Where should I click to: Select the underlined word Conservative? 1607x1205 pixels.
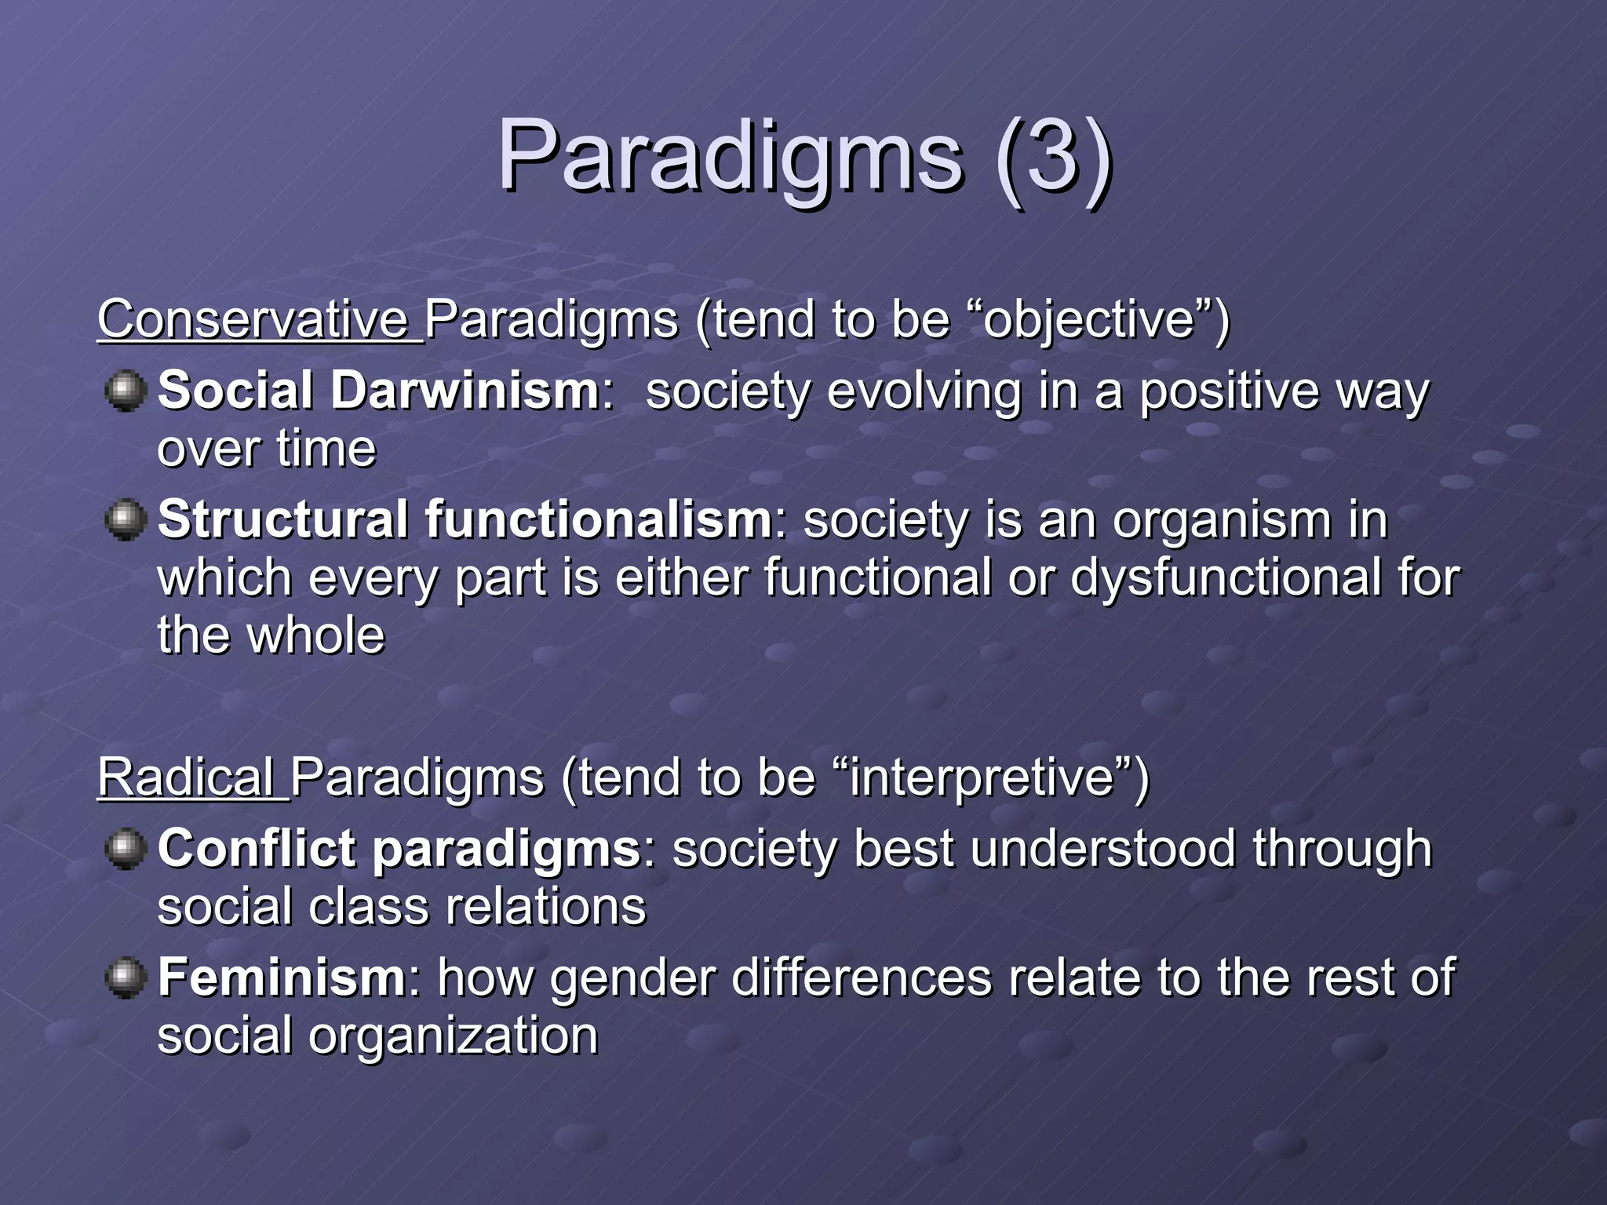pyautogui.click(x=253, y=320)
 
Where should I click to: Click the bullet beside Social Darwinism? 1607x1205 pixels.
pyautogui.click(x=125, y=391)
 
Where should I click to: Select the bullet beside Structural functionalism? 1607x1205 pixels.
pyautogui.click(x=125, y=520)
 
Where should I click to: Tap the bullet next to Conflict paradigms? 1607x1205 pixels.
pyautogui.click(x=125, y=849)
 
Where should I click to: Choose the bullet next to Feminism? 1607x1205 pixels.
pyautogui.click(x=125, y=978)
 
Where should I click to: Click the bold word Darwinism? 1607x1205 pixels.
pyautogui.click(x=465, y=391)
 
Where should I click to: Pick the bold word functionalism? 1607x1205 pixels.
pyautogui.click(x=599, y=520)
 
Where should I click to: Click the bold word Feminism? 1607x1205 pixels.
pyautogui.click(x=282, y=978)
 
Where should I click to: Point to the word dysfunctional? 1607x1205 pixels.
pyautogui.click(x=1224, y=578)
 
